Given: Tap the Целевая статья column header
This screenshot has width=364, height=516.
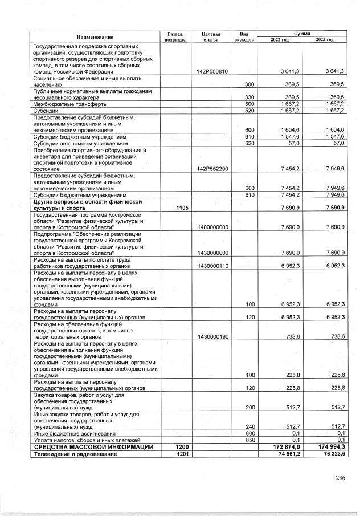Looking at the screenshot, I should click(211, 37).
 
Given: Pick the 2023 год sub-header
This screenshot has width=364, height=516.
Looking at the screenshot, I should click(324, 40).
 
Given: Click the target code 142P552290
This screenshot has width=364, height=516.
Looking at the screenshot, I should click(212, 169).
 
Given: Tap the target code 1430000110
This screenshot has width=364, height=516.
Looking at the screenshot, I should click(212, 266).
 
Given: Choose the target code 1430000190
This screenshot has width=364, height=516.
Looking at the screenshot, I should click(212, 337).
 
